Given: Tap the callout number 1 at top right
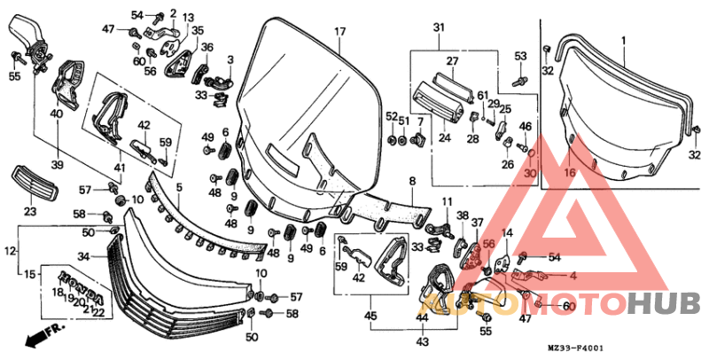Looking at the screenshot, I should (x=623, y=41).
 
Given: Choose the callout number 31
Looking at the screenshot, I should (x=438, y=29).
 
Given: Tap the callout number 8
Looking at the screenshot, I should (x=411, y=181).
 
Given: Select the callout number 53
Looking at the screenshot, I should (x=521, y=57).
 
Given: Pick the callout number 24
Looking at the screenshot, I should (x=444, y=137).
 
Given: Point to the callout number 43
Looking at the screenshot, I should (x=423, y=341).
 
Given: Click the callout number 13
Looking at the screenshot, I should (x=189, y=18).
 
